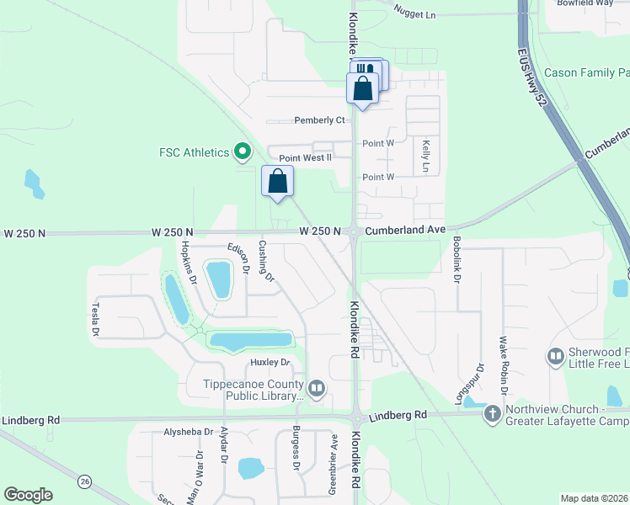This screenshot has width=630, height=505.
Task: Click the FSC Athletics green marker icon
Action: click(x=243, y=152)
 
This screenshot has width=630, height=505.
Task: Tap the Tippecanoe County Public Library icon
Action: click(x=317, y=388)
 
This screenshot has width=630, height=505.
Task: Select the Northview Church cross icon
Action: click(x=493, y=413)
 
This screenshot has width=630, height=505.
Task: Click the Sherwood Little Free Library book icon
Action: click(x=555, y=357)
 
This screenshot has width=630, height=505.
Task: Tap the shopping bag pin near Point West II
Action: click(x=278, y=181)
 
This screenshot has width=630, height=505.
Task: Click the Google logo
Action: click(x=28, y=495)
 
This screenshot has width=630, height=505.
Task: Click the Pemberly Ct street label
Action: click(x=319, y=120)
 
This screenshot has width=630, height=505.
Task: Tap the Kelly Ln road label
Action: click(x=426, y=157)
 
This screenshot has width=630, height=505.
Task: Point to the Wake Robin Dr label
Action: click(x=503, y=365)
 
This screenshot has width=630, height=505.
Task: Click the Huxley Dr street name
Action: click(x=270, y=363)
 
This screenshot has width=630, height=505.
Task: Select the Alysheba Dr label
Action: click(x=189, y=432)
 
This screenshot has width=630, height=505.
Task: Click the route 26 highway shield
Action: click(x=85, y=481)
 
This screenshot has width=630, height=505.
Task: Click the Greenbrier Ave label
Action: click(x=334, y=476)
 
